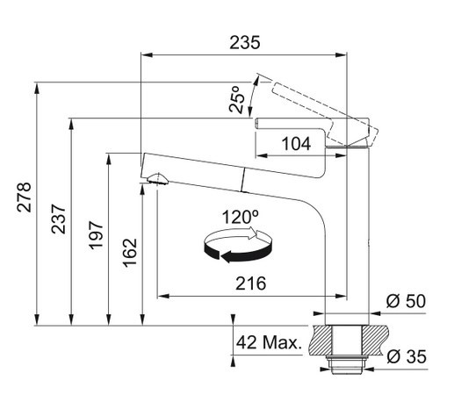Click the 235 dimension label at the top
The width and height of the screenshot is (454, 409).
click(245, 42)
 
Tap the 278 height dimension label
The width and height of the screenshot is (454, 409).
click(24, 197)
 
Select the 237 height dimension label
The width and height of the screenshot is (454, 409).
click(59, 219)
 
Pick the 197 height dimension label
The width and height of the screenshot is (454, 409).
click(96, 235)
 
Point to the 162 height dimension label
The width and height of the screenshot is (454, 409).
click(130, 253)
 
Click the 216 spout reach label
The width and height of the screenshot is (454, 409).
click(251, 283)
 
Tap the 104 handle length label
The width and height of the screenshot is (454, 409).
click(296, 144)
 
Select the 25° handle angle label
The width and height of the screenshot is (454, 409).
click(237, 99)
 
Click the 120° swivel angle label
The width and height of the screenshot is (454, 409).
click(240, 217)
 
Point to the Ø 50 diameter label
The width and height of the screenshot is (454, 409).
click(406, 301)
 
